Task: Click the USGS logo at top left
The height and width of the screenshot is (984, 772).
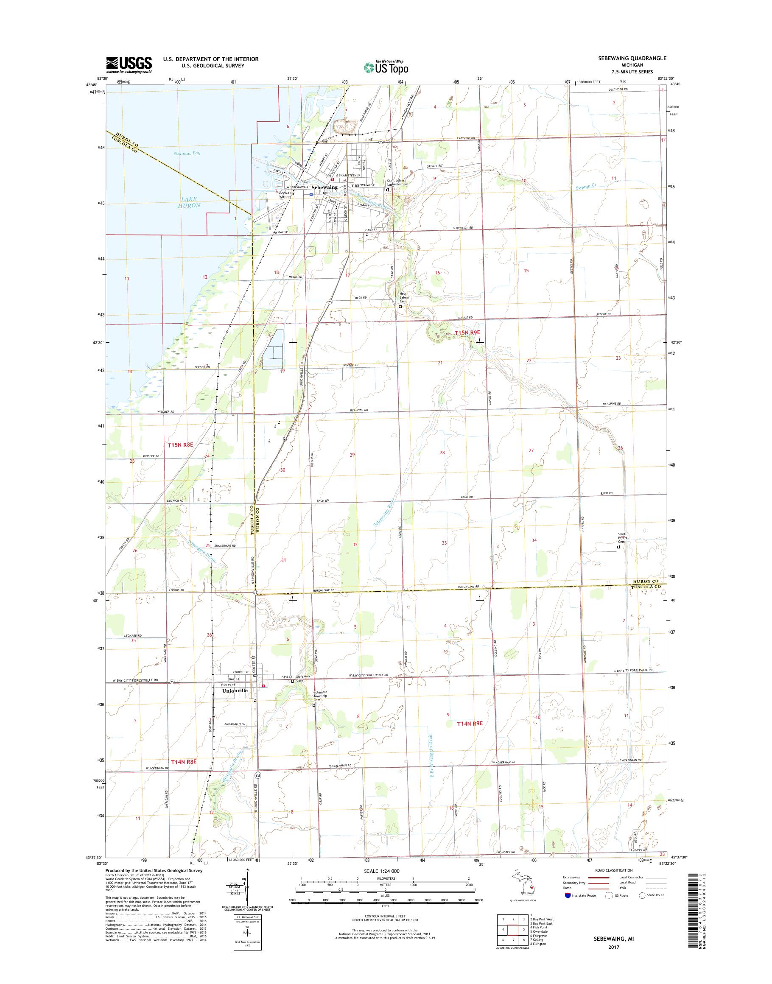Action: [x=129, y=64]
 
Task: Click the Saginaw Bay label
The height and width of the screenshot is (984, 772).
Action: [x=187, y=153]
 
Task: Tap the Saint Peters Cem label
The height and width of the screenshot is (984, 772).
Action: [x=624, y=537]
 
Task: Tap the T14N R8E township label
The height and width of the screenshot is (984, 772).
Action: [x=185, y=762]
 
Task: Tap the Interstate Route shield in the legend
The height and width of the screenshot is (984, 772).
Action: [x=567, y=908]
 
